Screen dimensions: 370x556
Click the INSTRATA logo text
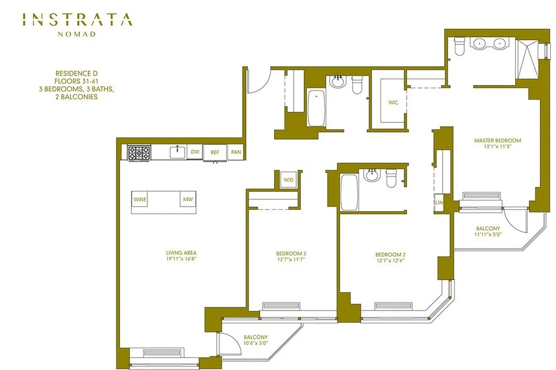(77, 20)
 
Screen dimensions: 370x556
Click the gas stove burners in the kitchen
(139, 153)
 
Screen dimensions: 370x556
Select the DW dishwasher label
(195, 152)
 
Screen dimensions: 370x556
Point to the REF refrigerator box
(215, 152)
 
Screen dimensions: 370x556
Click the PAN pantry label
(236, 152)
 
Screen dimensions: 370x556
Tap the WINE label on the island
(140, 199)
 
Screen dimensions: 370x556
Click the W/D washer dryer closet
(288, 179)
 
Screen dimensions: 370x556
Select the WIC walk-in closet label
(393, 103)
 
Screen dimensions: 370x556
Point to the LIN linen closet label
(439, 203)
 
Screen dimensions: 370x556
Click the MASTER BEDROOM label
(497, 141)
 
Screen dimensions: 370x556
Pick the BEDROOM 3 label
(291, 253)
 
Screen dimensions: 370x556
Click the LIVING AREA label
(182, 253)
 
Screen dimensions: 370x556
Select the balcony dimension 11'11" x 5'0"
(488, 234)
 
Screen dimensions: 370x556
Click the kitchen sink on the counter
(177, 152)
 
